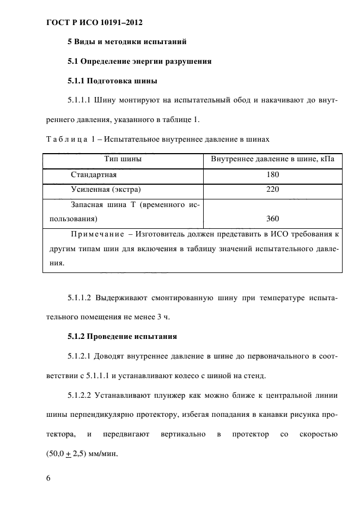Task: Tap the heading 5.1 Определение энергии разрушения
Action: point(139,62)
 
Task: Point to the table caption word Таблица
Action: point(64,141)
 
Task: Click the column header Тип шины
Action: point(123,159)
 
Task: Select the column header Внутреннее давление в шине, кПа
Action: point(272,159)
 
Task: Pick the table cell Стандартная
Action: point(94,175)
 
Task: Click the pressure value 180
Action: point(272,175)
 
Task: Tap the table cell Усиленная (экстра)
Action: point(106,190)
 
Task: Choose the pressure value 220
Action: point(272,190)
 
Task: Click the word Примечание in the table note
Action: point(96,234)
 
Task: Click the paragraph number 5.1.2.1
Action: point(80,356)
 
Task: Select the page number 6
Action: point(48,478)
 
